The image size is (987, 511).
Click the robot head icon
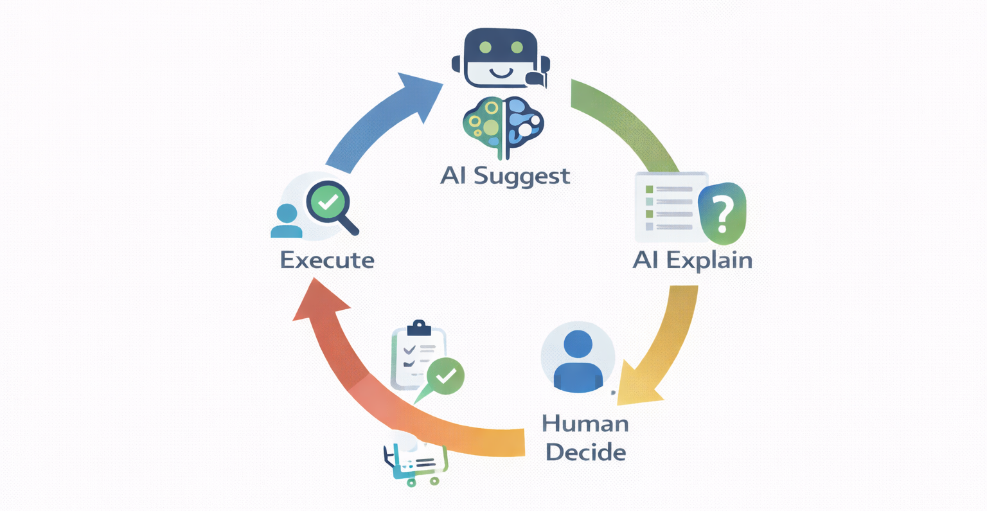pos(501,58)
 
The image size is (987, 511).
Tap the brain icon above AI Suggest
pos(503,126)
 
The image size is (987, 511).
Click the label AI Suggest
pos(505,175)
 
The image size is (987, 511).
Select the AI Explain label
pos(693,260)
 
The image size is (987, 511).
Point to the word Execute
pos(327,260)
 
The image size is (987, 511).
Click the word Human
pos(585,424)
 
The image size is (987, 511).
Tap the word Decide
pos(585,452)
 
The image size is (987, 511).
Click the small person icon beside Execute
pos(287,220)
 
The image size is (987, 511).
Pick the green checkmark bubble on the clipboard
pos(445,375)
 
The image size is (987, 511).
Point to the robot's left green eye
pos(486,48)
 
